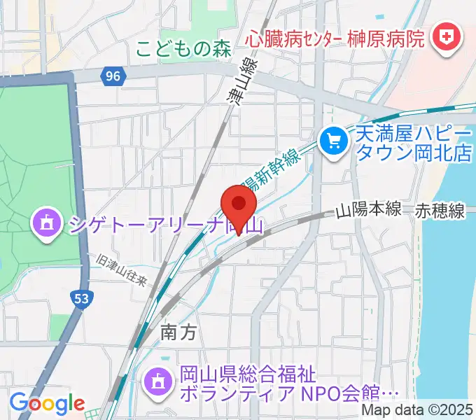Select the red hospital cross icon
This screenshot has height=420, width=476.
click(444, 35)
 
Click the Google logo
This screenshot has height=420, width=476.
click(46, 404)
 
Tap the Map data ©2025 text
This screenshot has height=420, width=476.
click(417, 411)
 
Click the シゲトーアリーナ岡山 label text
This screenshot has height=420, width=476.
click(164, 225)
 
